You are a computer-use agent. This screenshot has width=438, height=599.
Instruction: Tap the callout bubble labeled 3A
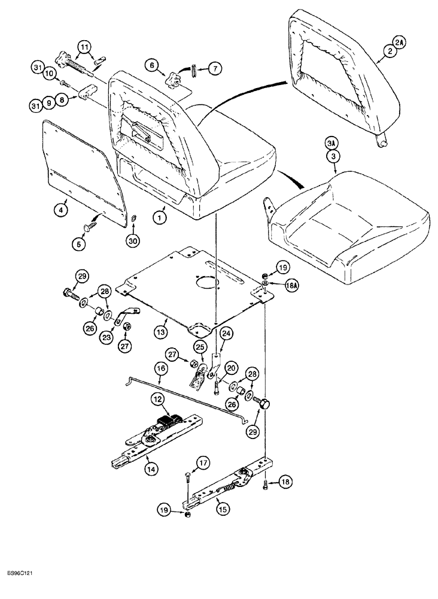(x=332, y=144)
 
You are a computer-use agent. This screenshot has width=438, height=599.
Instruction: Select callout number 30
(x=133, y=241)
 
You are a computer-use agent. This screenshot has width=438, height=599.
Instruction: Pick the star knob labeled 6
(x=174, y=80)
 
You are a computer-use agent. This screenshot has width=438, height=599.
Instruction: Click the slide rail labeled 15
(x=227, y=485)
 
